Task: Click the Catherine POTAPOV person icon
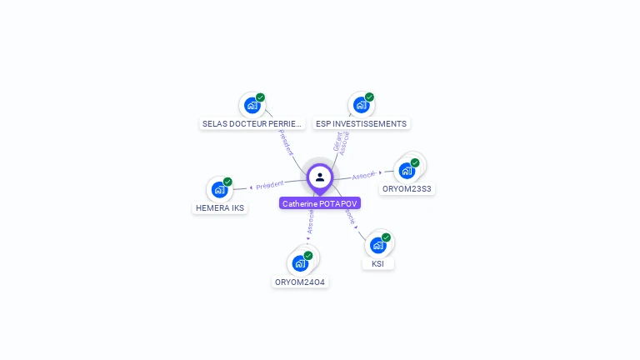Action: pyautogui.click(x=320, y=177)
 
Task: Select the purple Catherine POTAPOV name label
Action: pyautogui.click(x=320, y=203)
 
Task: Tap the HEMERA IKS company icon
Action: pyautogui.click(x=219, y=189)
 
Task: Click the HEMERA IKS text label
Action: pyautogui.click(x=220, y=207)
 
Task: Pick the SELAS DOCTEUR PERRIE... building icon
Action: pyautogui.click(x=252, y=105)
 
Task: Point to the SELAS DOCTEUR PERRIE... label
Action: pyautogui.click(x=252, y=123)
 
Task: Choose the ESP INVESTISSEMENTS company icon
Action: pyautogui.click(x=361, y=105)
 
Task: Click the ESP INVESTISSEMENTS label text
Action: pyautogui.click(x=362, y=123)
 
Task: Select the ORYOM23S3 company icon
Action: pyautogui.click(x=407, y=170)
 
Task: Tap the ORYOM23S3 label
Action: pyautogui.click(x=407, y=188)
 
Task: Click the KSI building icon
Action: pyautogui.click(x=378, y=245)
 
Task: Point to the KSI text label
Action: pyautogui.click(x=378, y=263)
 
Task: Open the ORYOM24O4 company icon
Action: pyautogui.click(x=300, y=263)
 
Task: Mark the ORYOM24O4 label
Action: pyautogui.click(x=301, y=282)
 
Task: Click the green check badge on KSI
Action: pyautogui.click(x=386, y=237)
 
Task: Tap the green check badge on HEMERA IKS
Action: pyautogui.click(x=227, y=182)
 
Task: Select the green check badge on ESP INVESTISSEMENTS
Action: pyautogui.click(x=369, y=97)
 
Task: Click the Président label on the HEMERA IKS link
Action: pyautogui.click(x=270, y=184)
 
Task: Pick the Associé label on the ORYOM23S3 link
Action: pyautogui.click(x=364, y=176)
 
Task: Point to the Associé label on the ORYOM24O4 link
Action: pyautogui.click(x=310, y=222)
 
